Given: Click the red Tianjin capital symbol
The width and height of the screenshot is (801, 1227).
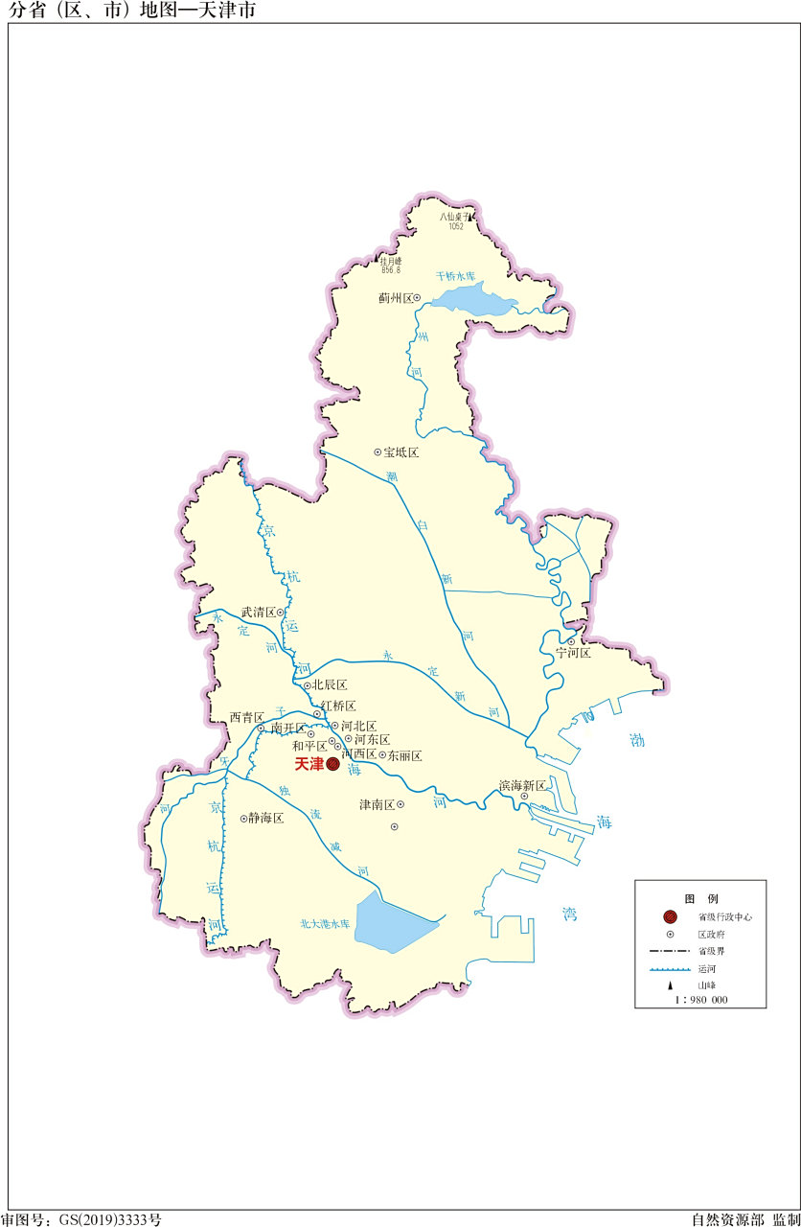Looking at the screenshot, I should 332,764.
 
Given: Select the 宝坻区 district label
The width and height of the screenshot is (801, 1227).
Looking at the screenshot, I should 401,451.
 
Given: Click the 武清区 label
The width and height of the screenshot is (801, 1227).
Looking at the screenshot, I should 258,612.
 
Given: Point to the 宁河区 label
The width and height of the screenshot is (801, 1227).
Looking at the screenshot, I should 574,653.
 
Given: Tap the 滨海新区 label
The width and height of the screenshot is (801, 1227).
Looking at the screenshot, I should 522,785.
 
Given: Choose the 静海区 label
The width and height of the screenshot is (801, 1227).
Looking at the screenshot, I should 266,819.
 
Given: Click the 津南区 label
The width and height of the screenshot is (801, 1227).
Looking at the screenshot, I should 377,804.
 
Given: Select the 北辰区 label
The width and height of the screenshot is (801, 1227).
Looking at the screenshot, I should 330,685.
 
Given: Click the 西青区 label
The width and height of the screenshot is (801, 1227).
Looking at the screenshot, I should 246,717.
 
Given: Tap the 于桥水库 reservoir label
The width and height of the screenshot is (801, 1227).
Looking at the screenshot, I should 455,275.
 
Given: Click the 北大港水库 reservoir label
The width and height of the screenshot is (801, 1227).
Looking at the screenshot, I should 326,924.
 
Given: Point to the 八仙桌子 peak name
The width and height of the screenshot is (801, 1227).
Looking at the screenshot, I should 452,217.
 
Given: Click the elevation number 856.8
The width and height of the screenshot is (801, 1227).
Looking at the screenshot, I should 391,270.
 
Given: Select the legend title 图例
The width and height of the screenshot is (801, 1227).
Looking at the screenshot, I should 700,898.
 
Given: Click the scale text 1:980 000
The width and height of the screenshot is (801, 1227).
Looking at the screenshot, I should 701,1000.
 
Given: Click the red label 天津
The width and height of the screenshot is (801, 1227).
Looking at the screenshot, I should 309,764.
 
